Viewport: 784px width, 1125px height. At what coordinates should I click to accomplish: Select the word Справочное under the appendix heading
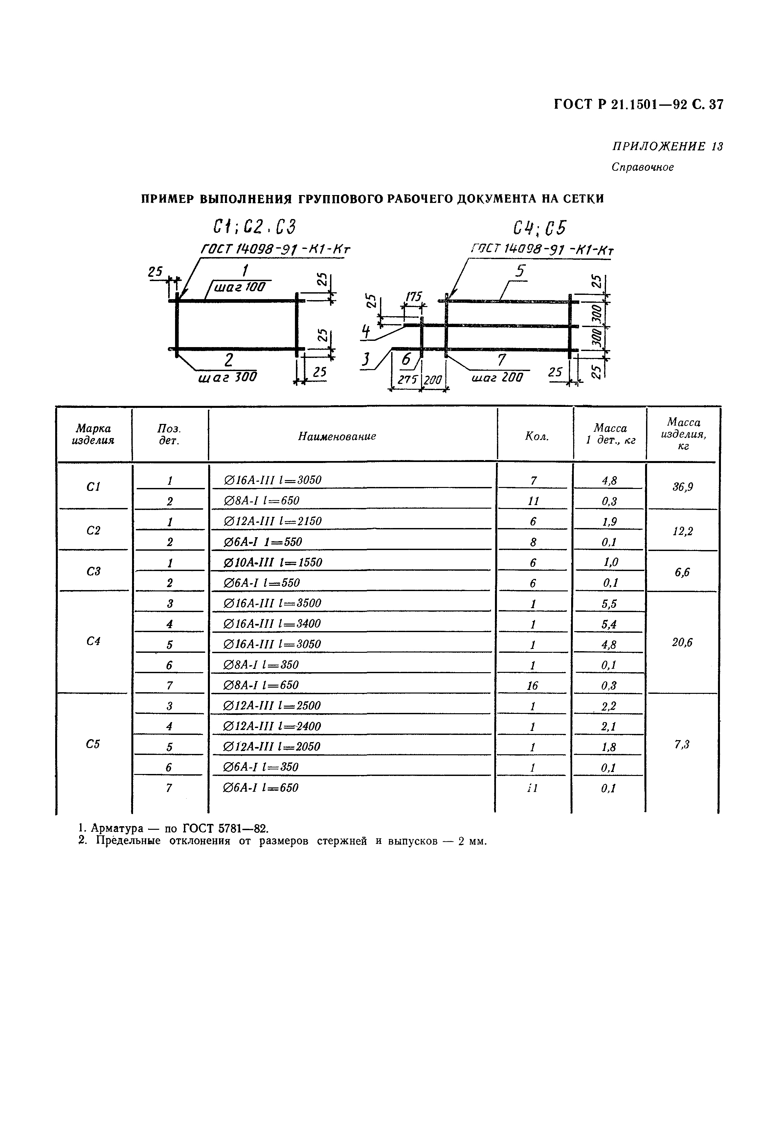(642, 167)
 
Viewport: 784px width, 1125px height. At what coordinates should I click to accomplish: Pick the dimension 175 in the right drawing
(414, 297)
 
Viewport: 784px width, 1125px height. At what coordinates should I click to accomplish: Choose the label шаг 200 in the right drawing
(497, 377)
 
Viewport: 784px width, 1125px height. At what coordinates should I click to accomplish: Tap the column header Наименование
(337, 436)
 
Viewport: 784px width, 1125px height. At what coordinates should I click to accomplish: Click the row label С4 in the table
(93, 641)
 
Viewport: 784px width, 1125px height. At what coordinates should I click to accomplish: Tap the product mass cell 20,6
(682, 642)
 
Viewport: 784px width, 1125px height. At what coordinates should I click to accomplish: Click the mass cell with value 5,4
(609, 624)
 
